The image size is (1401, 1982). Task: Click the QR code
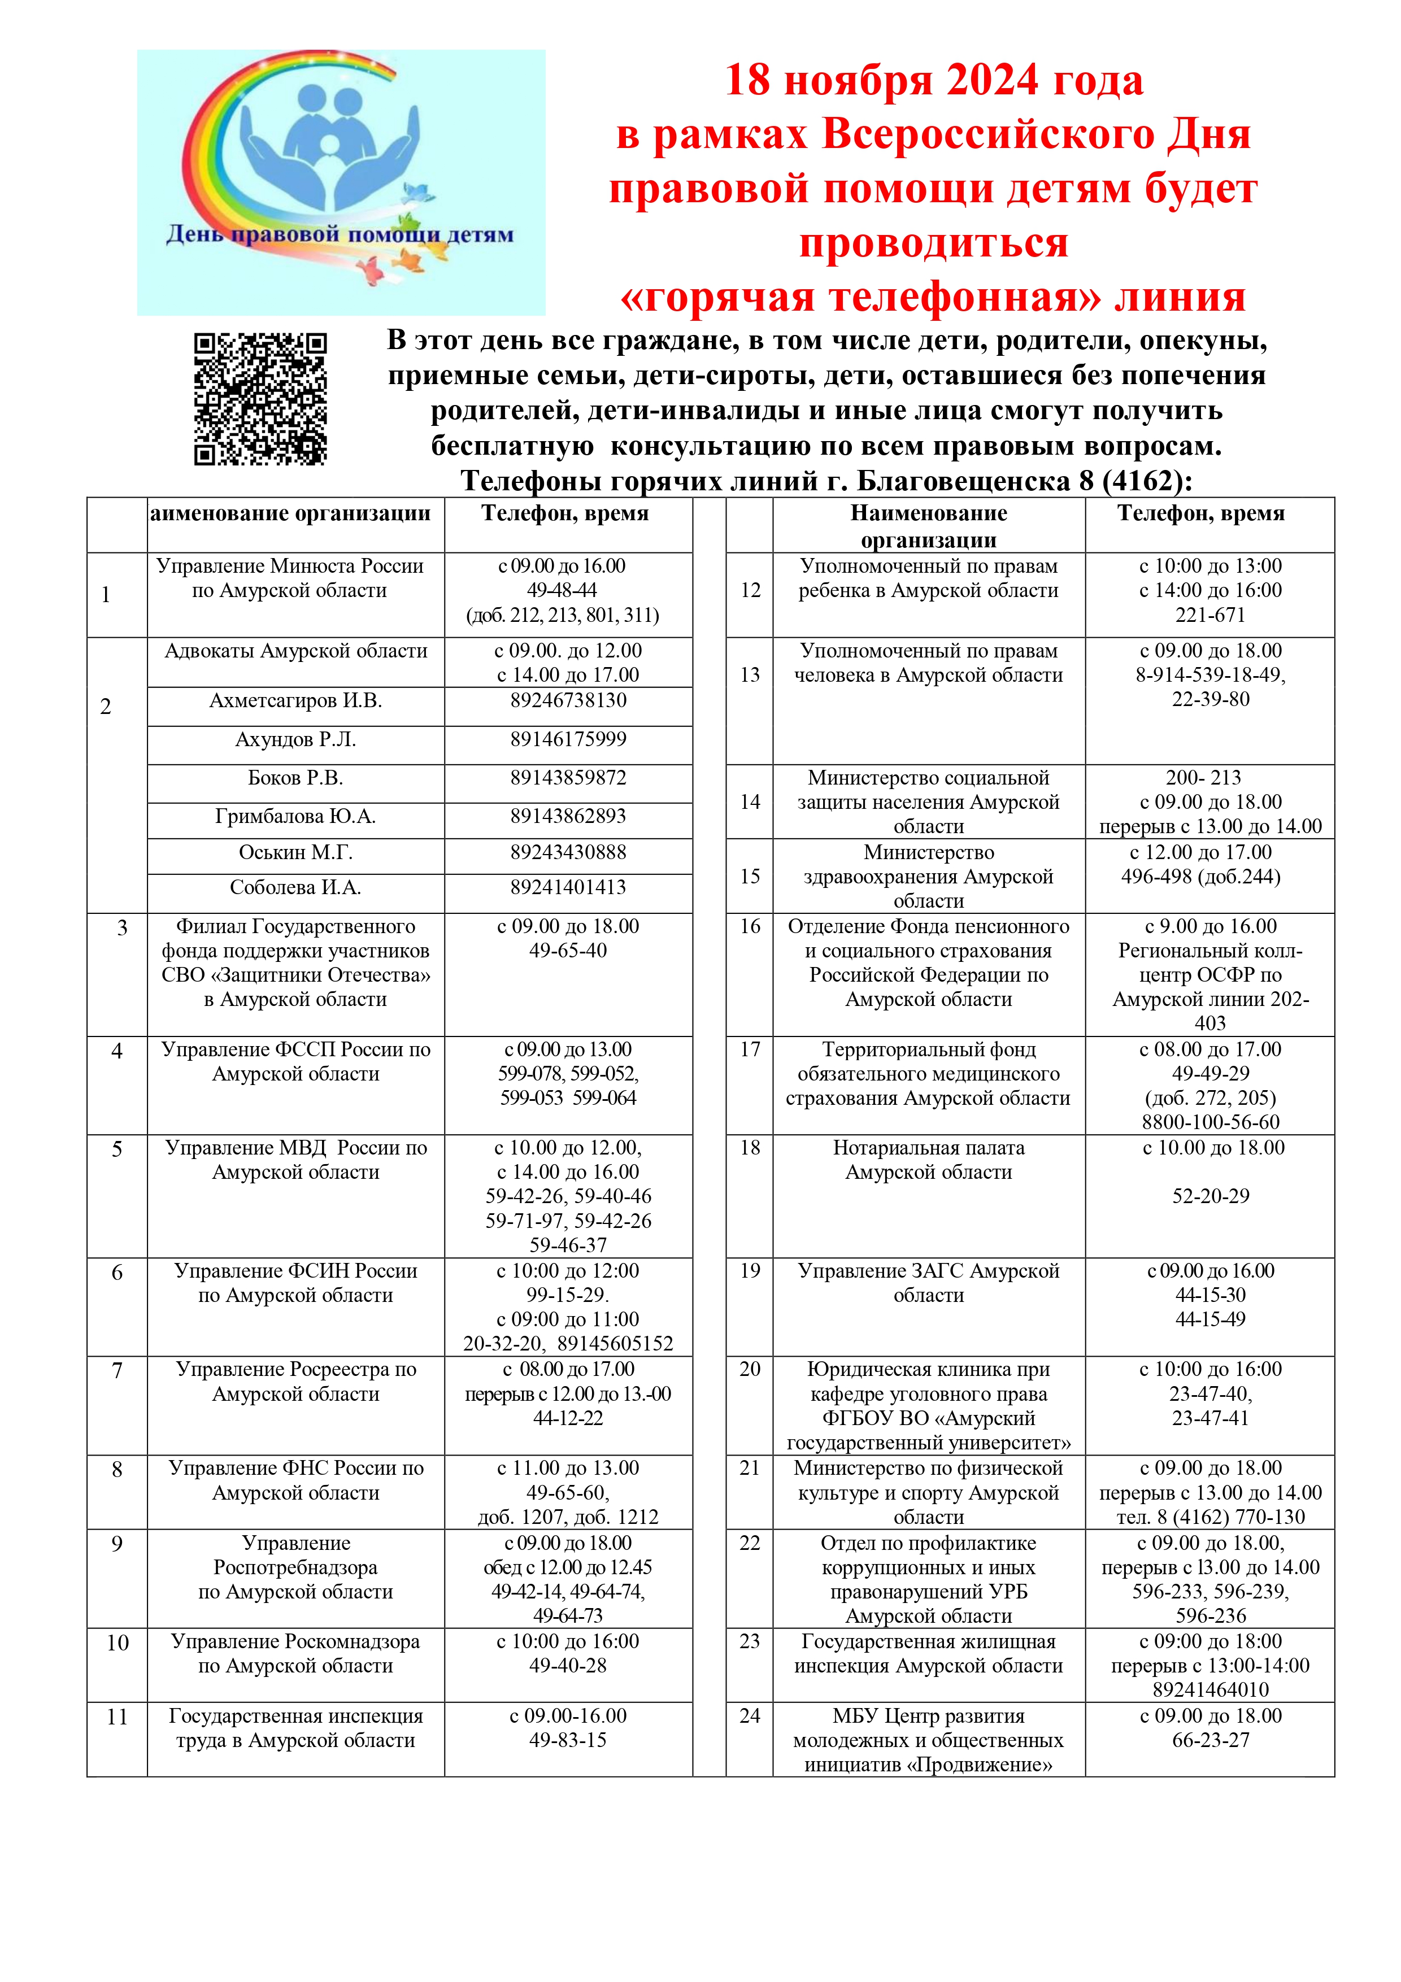point(260,399)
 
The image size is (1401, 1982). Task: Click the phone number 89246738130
point(568,700)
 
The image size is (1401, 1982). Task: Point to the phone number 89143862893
point(568,816)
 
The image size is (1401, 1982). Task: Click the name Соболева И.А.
point(295,887)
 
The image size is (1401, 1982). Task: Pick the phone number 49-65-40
point(568,951)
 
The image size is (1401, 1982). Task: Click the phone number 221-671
point(1210,615)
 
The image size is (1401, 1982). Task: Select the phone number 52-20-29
point(1210,1196)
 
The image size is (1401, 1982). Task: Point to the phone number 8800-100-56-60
point(1210,1122)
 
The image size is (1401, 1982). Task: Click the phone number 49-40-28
point(568,1666)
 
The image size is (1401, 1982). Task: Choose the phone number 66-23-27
point(1210,1740)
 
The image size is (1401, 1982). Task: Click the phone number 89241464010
point(1210,1689)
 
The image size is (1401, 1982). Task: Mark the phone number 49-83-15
point(568,1740)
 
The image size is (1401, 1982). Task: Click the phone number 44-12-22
point(568,1418)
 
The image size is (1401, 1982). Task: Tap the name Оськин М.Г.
point(295,852)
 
